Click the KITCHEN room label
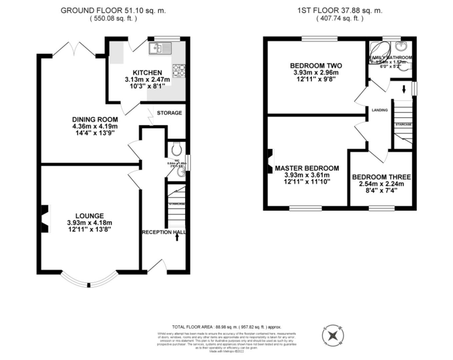click(x=147, y=73)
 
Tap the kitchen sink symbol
click(x=160, y=48)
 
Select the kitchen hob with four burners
click(x=179, y=71)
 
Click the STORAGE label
click(x=169, y=113)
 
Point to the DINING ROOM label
click(x=95, y=119)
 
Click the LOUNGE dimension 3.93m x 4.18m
click(x=89, y=223)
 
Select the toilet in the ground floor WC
click(x=176, y=149)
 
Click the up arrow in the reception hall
click(x=177, y=237)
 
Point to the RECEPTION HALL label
click(x=164, y=232)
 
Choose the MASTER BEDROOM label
click(x=307, y=168)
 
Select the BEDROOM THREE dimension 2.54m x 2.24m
click(x=381, y=184)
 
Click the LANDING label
click(x=380, y=110)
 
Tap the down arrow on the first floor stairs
click(x=404, y=89)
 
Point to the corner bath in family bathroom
click(x=379, y=52)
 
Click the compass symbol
click(x=333, y=335)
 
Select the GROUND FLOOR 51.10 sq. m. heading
click(x=113, y=10)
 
